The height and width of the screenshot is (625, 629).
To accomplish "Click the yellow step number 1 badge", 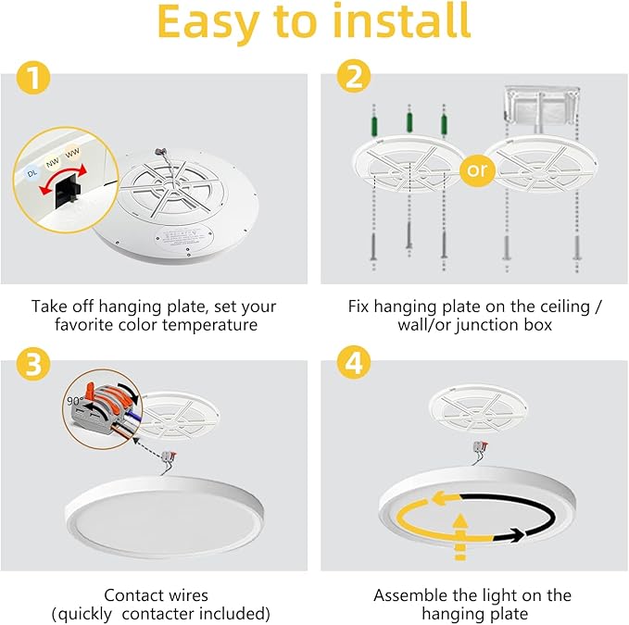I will tap(34, 81).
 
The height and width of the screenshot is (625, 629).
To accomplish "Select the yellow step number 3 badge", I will tap(34, 365).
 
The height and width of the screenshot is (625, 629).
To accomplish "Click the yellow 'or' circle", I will tap(476, 171).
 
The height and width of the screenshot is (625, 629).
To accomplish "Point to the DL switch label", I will tap(33, 173).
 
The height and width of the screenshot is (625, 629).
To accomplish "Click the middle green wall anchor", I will tap(407, 127).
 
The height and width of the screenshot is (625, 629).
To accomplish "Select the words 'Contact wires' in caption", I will tap(156, 594).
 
